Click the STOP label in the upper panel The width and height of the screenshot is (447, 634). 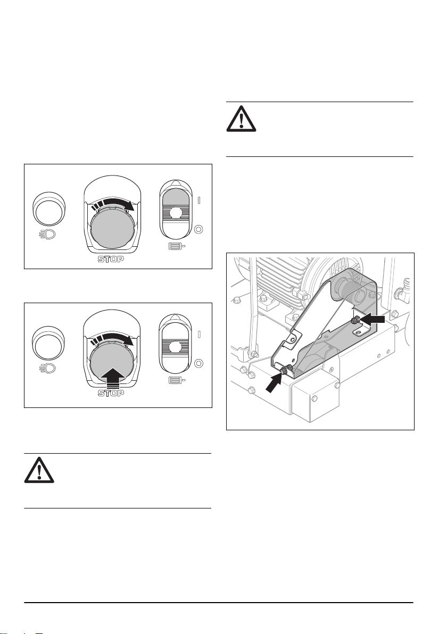coord(111,259)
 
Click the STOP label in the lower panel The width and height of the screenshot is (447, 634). coord(111,394)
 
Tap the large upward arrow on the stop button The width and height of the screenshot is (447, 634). coord(111,376)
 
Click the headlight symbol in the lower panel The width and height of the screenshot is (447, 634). coord(48,369)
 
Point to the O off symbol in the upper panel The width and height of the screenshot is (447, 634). coord(198,229)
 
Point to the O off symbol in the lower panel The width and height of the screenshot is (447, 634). coord(198,363)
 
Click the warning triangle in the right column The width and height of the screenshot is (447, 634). coord(241,119)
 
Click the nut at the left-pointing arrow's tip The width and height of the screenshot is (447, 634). coord(354,320)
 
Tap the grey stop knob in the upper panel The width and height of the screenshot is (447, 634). coord(111,227)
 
